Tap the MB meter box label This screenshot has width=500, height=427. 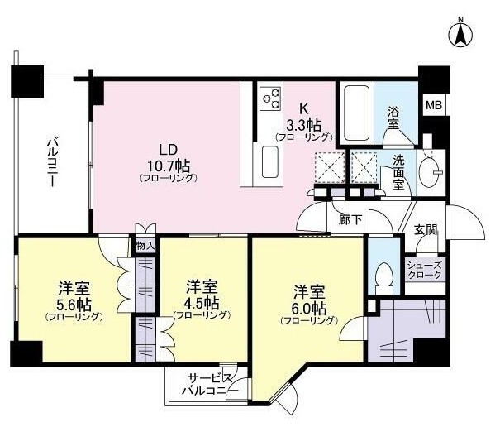(434, 105)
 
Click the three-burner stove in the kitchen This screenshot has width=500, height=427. (271, 98)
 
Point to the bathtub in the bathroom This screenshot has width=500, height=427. (357, 113)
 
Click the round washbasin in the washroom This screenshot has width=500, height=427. (429, 172)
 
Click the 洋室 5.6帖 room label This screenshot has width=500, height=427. (74, 301)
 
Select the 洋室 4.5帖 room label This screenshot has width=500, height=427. (202, 300)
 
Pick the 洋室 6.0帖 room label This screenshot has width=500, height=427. (309, 305)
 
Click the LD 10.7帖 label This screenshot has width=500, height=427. (169, 163)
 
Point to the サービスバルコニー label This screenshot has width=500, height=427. (210, 384)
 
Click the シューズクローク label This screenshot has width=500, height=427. (425, 270)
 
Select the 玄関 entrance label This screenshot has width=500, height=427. (426, 230)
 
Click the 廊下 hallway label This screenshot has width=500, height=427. (350, 219)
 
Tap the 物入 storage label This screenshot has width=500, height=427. (145, 246)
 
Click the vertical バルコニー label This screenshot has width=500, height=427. (53, 161)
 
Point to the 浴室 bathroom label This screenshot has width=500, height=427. (393, 118)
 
